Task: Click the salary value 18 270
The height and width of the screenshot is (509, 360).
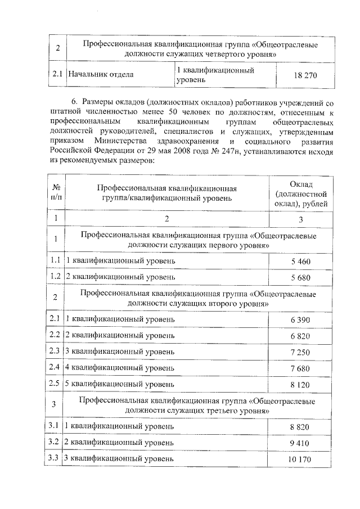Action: point(304,75)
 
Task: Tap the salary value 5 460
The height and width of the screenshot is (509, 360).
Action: point(300,262)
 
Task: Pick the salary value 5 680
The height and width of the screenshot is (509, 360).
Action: point(300,278)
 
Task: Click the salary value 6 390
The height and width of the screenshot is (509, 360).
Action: point(300,319)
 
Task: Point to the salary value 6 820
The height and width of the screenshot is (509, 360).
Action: point(300,336)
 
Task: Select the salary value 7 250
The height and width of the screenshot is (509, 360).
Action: point(300,352)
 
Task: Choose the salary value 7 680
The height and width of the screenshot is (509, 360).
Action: point(300,368)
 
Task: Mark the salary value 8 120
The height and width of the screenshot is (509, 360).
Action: point(300,385)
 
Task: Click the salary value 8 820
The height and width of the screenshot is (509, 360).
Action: point(300,427)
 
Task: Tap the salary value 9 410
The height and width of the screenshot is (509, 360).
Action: point(300,444)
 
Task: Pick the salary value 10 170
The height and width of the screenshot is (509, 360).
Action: point(300,460)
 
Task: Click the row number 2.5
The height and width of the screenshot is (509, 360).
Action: point(55,384)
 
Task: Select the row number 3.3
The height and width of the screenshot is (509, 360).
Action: point(55,459)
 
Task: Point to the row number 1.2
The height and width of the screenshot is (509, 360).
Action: point(55,277)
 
